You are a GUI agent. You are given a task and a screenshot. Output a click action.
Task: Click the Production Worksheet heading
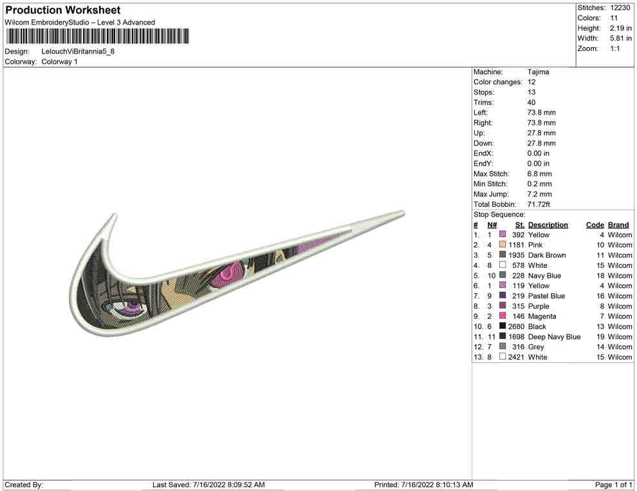[62, 10]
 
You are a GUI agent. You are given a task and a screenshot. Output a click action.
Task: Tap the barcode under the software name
[97, 36]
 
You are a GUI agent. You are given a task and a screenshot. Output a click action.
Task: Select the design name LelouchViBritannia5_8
[78, 52]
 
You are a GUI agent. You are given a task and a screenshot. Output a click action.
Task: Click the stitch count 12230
[620, 8]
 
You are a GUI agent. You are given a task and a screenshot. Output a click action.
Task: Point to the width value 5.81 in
[620, 38]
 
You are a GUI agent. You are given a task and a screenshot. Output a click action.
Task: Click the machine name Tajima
[538, 72]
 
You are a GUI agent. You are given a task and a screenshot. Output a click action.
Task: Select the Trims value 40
[531, 102]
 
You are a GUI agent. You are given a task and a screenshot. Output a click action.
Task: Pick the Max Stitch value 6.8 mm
[539, 174]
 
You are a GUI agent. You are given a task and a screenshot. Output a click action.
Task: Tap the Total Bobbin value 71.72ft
[539, 204]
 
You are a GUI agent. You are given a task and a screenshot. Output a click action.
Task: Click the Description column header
[548, 225]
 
